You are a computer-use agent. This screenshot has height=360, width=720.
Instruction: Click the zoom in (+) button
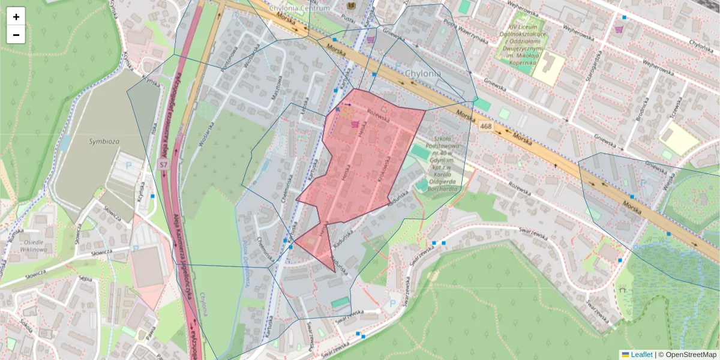tap(16, 17)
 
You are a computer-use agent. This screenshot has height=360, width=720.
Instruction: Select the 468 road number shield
tap(486, 127)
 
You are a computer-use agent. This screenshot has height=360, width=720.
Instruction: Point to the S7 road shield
tap(163, 164)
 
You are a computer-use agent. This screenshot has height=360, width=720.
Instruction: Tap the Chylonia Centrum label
tap(299, 8)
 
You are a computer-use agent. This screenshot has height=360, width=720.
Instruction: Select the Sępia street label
tap(86, 279)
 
